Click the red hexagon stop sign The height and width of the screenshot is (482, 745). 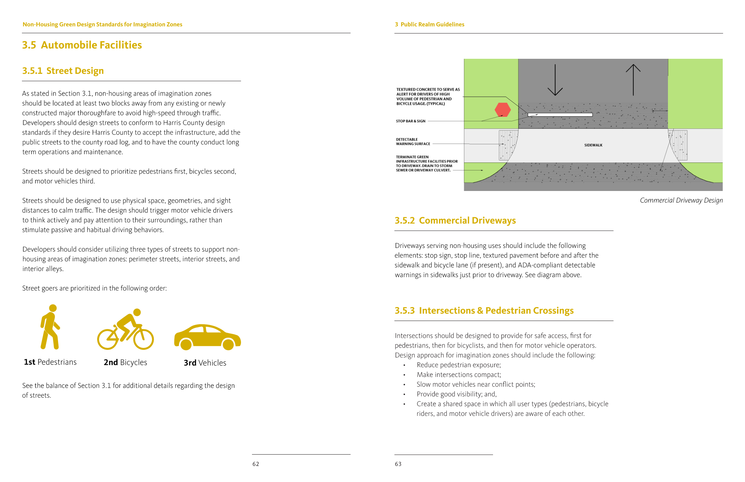coord(503,110)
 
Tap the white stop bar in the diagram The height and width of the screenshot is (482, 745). coord(559,115)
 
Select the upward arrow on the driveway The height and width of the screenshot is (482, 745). coord(633,80)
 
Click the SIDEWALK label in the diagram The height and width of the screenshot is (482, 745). coord(593,145)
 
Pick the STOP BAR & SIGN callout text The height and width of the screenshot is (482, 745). coord(410,121)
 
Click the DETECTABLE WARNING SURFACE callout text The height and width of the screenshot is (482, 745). coord(413,142)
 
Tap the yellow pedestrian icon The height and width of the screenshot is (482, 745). coord(50,327)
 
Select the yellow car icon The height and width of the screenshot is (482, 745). coord(207,337)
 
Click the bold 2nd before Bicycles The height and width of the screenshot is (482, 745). coord(111,363)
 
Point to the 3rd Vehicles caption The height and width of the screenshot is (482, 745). coord(205,363)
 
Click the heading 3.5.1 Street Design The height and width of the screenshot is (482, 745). coord(63,71)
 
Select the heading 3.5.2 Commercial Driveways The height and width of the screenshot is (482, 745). coord(455,221)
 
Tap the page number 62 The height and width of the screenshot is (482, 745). coord(256,464)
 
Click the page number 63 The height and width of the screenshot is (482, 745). coord(398,464)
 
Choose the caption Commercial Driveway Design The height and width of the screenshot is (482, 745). coord(681,200)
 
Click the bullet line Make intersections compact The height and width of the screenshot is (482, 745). coord(459,375)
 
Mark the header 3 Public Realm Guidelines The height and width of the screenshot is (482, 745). coord(429,24)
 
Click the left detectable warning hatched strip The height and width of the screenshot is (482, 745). coord(508,145)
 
